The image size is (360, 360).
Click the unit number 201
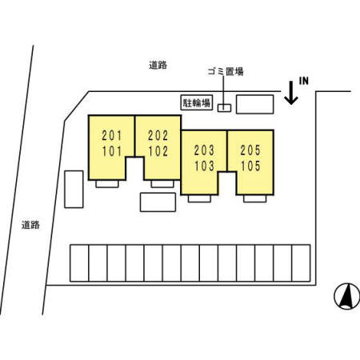tap(112, 135)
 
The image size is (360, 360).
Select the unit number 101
tap(112, 151)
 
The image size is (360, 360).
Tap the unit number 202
tap(158, 135)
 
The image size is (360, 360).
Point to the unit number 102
tap(158, 151)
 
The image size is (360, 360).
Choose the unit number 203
tap(204, 150)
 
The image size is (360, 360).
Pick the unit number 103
tap(204, 166)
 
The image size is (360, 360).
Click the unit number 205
tap(250, 150)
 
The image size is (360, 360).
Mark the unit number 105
tap(250, 166)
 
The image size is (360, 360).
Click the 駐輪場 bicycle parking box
tap(197, 102)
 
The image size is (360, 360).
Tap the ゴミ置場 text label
tap(226, 71)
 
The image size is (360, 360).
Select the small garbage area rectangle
tap(224, 108)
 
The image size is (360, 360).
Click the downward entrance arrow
tap(291, 93)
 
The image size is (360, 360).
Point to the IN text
tap(304, 81)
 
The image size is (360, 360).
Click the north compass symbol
tap(347, 296)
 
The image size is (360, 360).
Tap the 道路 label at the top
tap(158, 65)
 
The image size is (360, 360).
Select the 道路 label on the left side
tap(30, 225)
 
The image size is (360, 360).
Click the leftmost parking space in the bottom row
tap(79, 263)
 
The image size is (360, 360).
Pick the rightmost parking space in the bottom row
tap(301, 263)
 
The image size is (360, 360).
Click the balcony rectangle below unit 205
tap(254, 198)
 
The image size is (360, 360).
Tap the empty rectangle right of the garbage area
tap(255, 104)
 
